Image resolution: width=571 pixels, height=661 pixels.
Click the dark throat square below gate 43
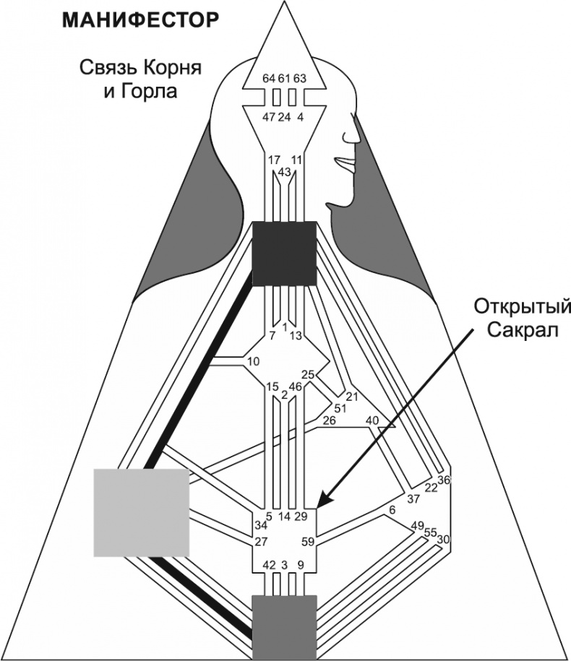tap(284, 253)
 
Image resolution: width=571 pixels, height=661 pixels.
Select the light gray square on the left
tap(142, 512)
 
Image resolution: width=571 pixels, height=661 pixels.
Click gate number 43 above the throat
tap(284, 171)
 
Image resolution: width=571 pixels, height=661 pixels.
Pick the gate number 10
tap(252, 360)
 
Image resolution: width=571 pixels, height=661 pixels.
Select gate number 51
tap(340, 408)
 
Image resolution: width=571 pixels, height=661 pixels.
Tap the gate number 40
tap(373, 420)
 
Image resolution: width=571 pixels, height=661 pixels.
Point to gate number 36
tap(445, 480)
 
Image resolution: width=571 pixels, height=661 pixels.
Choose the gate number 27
tap(262, 541)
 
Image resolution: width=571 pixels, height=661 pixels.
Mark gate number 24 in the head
tap(284, 117)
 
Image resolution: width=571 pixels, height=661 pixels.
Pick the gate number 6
tap(392, 510)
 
